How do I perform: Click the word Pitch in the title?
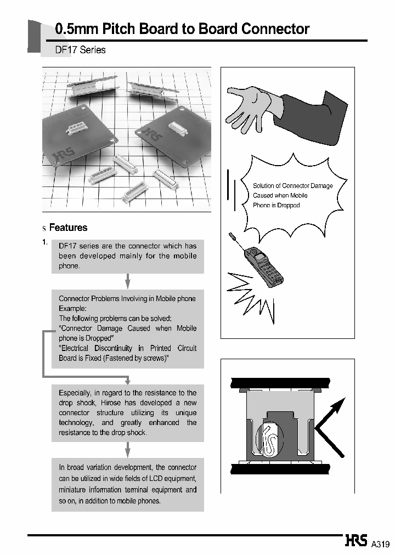click(x=114, y=29)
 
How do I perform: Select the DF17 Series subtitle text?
click(x=81, y=50)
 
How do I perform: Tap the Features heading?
click(x=68, y=228)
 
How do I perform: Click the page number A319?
click(x=380, y=544)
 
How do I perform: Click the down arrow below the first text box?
click(x=128, y=281)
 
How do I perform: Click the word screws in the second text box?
click(x=153, y=358)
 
